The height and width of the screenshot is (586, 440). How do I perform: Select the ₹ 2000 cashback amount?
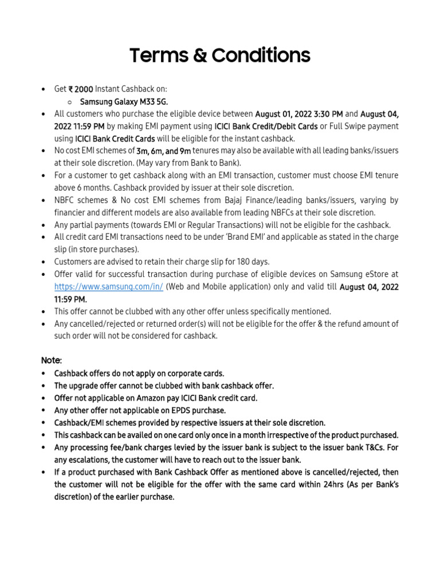tap(81, 89)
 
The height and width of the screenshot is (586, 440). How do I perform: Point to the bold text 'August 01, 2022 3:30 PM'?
tap(299, 114)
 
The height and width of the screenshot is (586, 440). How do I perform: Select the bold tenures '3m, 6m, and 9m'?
tap(163, 151)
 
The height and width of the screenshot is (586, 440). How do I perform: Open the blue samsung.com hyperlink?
tap(109, 287)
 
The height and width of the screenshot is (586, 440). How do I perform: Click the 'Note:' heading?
tap(52, 361)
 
